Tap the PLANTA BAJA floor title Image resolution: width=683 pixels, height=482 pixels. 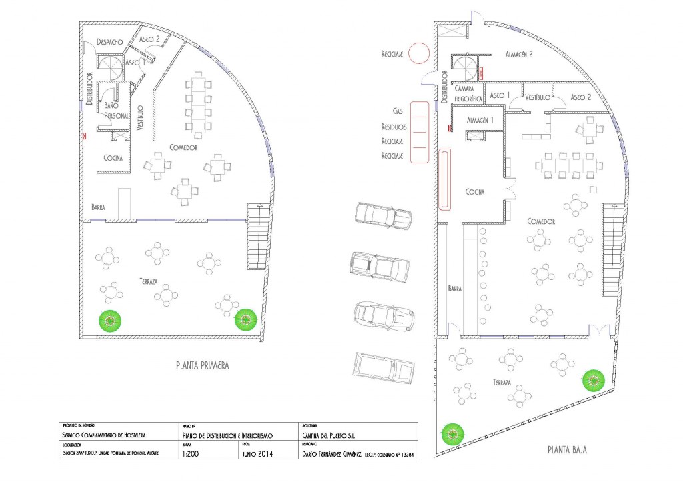pos(566,450)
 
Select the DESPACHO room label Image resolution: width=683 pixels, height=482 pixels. pos(109,41)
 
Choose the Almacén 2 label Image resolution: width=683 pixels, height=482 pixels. pos(522,56)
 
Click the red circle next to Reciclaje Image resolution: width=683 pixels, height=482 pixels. pos(419,52)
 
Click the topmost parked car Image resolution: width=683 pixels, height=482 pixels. pos(382,217)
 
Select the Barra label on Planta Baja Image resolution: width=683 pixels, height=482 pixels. pos(456,290)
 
